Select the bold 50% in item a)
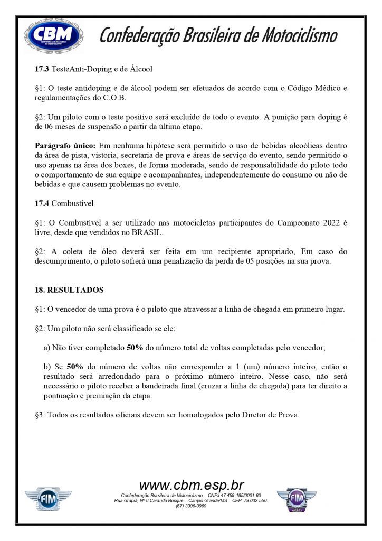[136, 348]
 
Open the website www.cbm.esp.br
[191, 485]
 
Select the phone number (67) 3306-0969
[191, 506]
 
